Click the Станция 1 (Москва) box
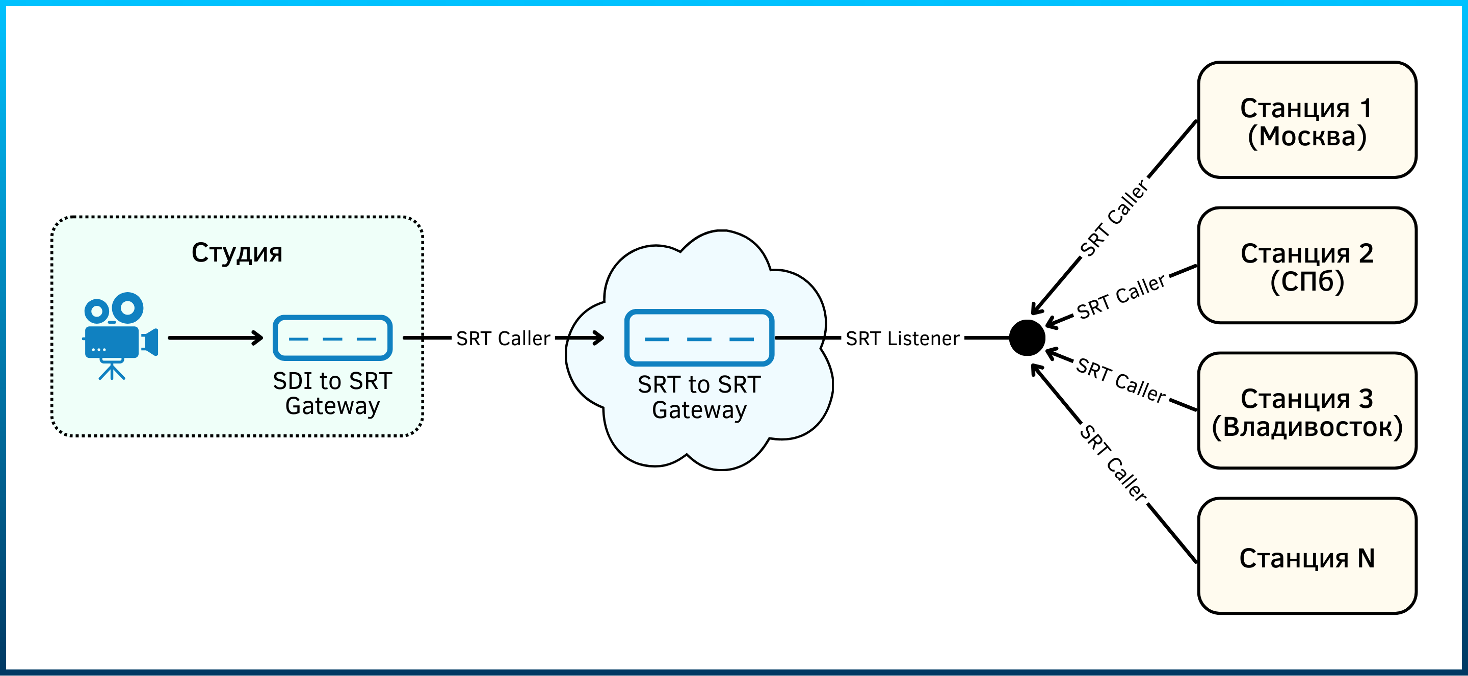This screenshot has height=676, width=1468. point(1307,120)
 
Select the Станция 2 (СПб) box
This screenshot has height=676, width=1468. point(1307,265)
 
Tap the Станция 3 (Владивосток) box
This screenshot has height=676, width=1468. point(1307,410)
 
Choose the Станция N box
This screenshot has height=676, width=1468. point(1307,556)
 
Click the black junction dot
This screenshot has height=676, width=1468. point(1027,337)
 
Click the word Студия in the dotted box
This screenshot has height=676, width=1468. point(237,253)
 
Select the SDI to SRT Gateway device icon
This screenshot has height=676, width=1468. point(332,337)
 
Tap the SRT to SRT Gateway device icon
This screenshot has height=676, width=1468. point(699,337)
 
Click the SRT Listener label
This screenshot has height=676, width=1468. point(902,339)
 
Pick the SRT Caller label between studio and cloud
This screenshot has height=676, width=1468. point(503,339)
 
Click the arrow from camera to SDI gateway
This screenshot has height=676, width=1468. point(216,338)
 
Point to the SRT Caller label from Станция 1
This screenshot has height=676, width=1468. point(1114,218)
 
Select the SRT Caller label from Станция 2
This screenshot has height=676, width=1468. point(1121,296)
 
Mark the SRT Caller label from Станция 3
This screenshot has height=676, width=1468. point(1121,380)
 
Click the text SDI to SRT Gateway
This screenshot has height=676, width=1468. point(332,393)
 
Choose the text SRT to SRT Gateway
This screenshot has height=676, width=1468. point(699,397)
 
